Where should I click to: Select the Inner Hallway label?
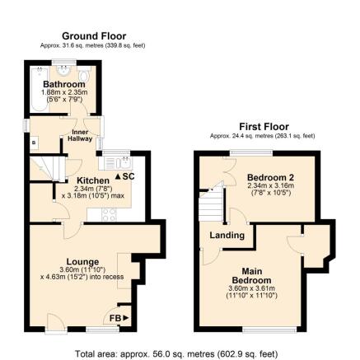80,136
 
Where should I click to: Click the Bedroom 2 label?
270,177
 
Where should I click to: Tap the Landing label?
227,235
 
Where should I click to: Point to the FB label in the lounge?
119,317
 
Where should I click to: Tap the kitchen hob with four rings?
108,214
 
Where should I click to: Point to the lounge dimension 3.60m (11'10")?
83,269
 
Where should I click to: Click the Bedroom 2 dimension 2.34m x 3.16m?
269,185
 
